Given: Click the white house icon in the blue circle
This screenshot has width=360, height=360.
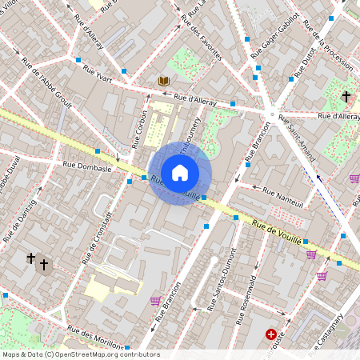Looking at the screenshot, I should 180,173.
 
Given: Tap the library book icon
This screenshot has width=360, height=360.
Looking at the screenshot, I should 163,82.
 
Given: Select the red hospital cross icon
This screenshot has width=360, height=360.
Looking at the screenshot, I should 272,334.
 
